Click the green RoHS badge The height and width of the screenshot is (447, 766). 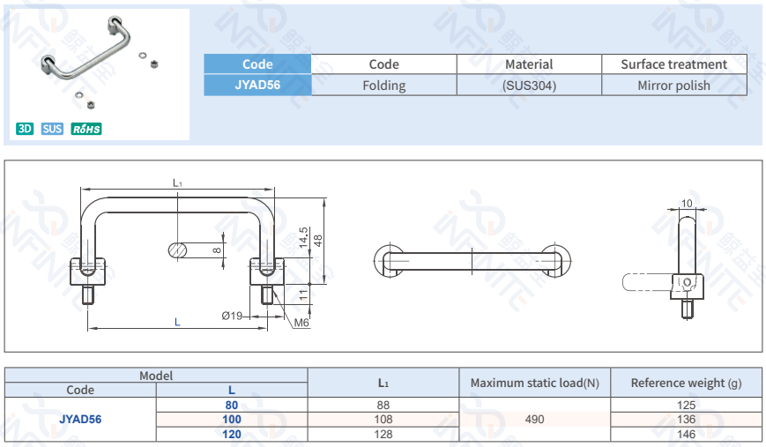tap(86, 129)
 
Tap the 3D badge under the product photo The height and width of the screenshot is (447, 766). tap(25, 129)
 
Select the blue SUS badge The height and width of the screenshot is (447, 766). tap(52, 129)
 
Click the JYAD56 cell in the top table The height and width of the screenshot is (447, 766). tap(257, 86)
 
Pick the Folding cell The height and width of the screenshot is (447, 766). tap(383, 86)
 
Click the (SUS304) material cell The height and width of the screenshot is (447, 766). tap(529, 86)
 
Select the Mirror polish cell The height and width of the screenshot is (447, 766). tap(673, 86)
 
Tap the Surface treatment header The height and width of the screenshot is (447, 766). tap(673, 64)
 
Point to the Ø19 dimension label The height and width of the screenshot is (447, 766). tap(232, 315)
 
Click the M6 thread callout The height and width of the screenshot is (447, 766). tap(301, 324)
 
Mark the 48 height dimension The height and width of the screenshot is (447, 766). tap(318, 239)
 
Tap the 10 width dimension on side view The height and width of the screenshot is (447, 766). tap(687, 204)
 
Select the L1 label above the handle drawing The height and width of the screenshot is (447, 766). tap(177, 183)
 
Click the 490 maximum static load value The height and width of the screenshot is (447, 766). tap(534, 420)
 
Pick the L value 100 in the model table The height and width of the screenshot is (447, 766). tap(231, 420)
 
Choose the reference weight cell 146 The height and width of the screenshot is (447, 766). tap(686, 434)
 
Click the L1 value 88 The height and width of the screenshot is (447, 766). tap(383, 405)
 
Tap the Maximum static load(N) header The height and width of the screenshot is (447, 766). tap(534, 383)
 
